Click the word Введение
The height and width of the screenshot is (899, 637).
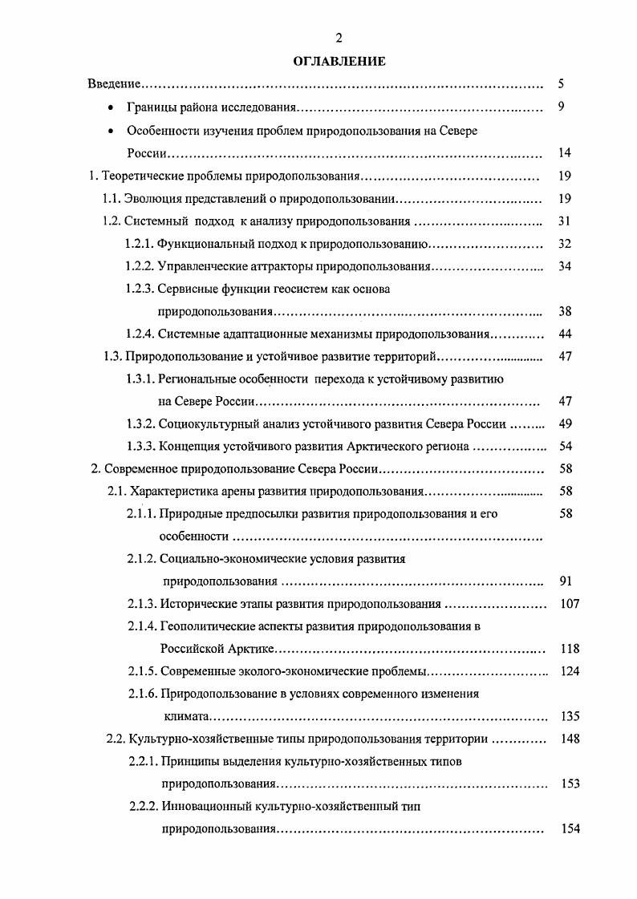(115, 83)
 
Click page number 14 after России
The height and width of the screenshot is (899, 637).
(564, 152)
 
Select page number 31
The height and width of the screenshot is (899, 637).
(564, 221)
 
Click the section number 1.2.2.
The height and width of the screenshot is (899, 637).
(140, 266)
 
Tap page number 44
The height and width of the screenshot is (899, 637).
(564, 333)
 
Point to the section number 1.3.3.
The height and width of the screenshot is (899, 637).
(140, 446)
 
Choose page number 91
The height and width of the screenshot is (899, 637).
(564, 581)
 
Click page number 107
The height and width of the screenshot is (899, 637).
(569, 603)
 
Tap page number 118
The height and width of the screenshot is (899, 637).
(569, 648)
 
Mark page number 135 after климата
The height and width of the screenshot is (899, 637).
(569, 716)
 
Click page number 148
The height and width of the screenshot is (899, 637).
(569, 739)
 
